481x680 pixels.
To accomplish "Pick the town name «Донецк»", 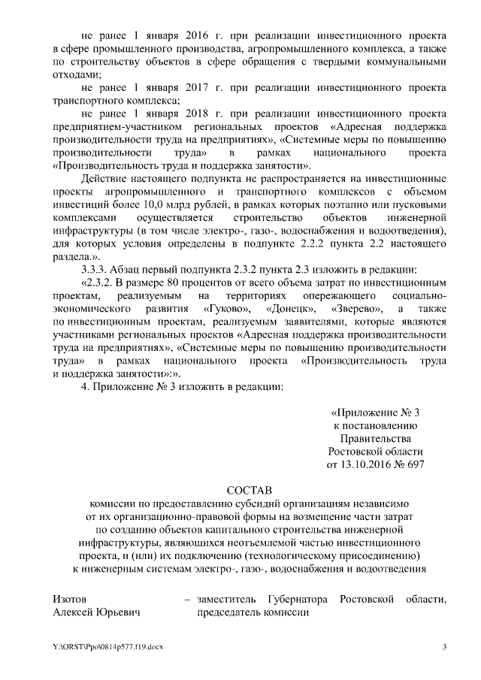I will pyautogui.click(x=297, y=309).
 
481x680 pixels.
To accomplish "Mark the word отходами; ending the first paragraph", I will pyautogui.click(x=77, y=75).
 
